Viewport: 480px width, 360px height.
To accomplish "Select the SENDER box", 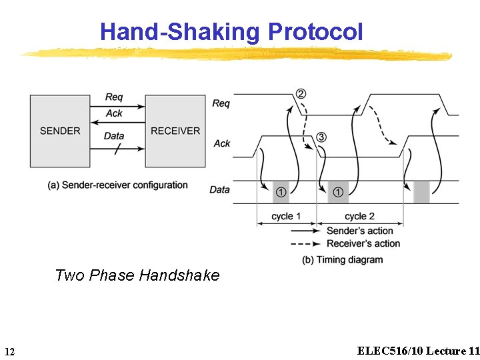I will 60,131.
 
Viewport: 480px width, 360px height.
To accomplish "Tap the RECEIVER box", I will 175,131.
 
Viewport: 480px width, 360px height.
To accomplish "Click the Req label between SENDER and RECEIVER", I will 114,98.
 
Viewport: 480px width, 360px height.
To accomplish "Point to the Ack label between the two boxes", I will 114,113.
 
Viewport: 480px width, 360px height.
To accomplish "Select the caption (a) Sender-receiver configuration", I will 118,185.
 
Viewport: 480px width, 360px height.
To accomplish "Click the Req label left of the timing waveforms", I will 221,103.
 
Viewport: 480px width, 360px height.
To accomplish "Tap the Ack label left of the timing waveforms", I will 222,143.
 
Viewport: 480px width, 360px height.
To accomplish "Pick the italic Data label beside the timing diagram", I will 219,189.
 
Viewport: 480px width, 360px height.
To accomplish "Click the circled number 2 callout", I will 301,94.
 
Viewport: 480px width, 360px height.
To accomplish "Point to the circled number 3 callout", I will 321,137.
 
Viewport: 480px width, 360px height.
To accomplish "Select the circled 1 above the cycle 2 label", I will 338,192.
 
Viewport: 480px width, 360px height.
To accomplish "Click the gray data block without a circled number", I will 421,192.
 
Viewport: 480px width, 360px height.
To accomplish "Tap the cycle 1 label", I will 286,216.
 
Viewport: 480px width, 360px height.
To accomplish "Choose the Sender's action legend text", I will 359,231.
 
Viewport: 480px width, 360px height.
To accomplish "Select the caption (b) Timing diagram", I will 343,259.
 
